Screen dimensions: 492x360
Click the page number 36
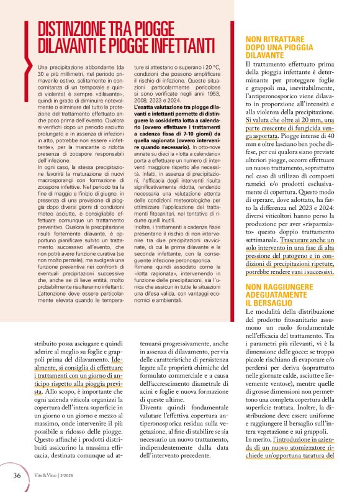coord(17,475)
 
